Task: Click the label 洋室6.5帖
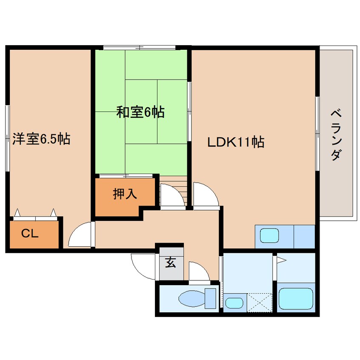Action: (x=41, y=139)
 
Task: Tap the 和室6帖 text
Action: (x=140, y=113)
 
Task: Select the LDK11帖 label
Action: (x=236, y=142)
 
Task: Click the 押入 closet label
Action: (x=125, y=194)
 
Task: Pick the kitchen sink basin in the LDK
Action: (x=269, y=236)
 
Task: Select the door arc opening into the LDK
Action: (x=205, y=194)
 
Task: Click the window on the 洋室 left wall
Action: (x=7, y=138)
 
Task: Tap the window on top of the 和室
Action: (x=140, y=47)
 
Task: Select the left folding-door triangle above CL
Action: (x=17, y=212)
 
